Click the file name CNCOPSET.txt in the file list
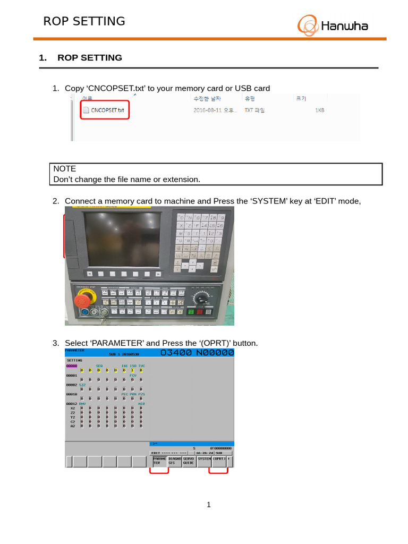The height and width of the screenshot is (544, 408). click(x=107, y=110)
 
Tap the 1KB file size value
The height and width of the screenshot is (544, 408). click(x=319, y=110)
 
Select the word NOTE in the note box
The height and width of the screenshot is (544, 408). click(x=64, y=168)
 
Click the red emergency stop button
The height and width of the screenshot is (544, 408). click(x=82, y=301)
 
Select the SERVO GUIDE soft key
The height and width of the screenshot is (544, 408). click(x=189, y=461)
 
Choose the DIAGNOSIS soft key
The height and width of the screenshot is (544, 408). click(x=175, y=461)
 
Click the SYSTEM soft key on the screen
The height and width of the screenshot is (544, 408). click(x=204, y=458)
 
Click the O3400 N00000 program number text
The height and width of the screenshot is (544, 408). click(x=197, y=353)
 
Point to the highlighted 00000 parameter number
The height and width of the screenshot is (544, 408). click(x=71, y=366)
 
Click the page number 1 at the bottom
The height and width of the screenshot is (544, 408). click(x=209, y=505)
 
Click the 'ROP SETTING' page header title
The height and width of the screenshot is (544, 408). click(x=84, y=21)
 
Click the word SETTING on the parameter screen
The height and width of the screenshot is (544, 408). click(x=74, y=360)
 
